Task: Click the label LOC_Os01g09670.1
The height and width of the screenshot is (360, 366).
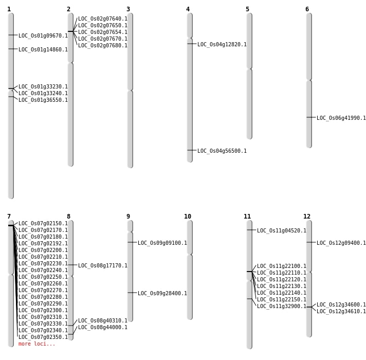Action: coord(43,35)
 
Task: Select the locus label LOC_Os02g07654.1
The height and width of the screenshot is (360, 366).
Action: coord(103,32)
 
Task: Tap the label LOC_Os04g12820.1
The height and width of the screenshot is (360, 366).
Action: coord(222,44)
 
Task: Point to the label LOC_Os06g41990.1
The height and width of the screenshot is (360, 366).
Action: coord(341,118)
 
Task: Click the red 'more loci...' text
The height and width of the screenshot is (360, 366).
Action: coord(37,344)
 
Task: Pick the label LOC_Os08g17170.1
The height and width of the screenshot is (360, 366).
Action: coord(103,265)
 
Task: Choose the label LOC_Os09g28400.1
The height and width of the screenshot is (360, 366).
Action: coord(162,293)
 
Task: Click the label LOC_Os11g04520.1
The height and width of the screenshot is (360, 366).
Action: coord(282,231)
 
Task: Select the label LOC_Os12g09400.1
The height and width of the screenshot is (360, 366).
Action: coord(341,243)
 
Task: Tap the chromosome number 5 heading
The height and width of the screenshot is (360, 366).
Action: coord(247,9)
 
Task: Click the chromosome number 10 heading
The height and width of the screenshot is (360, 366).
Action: coord(188,217)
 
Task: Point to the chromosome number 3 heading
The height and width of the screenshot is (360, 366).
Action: coord(128,9)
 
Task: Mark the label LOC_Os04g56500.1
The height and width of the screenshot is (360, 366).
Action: coord(222,151)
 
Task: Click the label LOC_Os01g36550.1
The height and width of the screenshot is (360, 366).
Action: coord(43,100)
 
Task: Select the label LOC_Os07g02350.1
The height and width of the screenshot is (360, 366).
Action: coord(43,337)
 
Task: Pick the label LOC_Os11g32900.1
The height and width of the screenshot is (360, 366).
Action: coord(282,306)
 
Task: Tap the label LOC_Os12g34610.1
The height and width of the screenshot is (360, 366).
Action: coord(341,311)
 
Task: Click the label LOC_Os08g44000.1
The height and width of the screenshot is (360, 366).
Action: coord(103,327)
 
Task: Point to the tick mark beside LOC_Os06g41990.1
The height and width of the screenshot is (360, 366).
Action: coord(311,117)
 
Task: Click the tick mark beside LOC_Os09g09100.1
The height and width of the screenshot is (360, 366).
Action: coord(132,242)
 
